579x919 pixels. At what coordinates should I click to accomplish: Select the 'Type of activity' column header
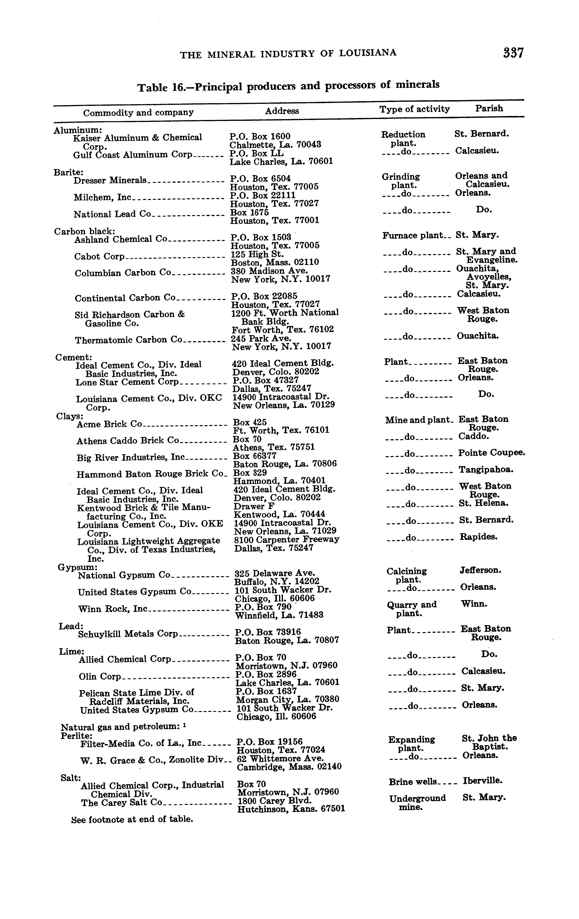click(x=415, y=110)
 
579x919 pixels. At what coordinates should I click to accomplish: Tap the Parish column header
click(x=489, y=108)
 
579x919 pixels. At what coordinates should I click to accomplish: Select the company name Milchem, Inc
click(x=102, y=197)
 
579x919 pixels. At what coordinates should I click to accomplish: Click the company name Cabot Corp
click(x=99, y=256)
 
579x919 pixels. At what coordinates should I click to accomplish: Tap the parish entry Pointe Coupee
click(x=492, y=453)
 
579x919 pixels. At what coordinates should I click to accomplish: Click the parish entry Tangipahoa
click(x=486, y=470)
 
